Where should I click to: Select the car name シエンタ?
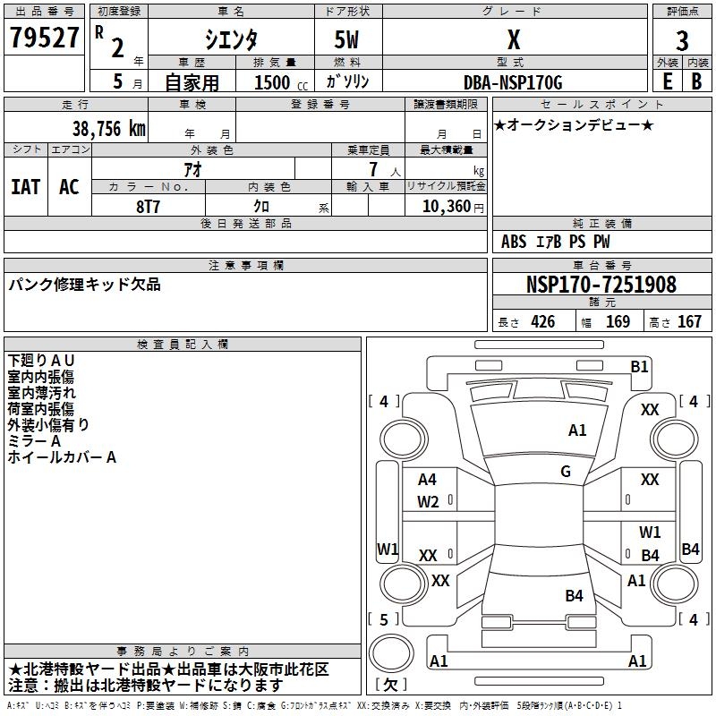point(231,39)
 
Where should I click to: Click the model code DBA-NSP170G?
point(513,82)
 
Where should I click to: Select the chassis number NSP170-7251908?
point(601,285)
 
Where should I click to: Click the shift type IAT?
point(25,186)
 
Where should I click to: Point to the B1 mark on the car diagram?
point(639,366)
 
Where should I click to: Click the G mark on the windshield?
point(566,472)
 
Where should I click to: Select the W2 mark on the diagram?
point(428,502)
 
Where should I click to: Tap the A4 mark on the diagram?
point(428,480)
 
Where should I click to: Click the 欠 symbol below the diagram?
point(390,685)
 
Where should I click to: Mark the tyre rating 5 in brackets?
point(384,619)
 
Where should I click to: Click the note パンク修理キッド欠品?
point(85,285)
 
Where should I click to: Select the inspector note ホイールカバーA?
point(62,457)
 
